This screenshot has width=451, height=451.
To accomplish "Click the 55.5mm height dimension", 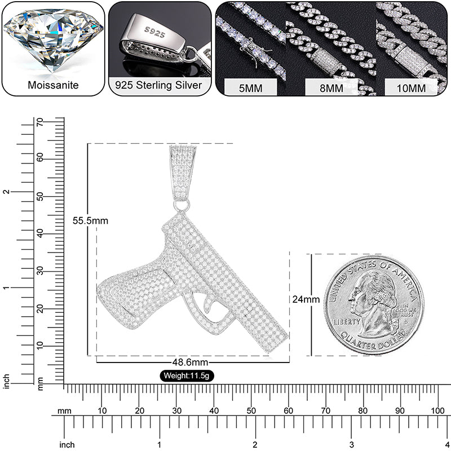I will pyautogui.click(x=90, y=220).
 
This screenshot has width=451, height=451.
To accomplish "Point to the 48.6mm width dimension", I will pyautogui.click(x=189, y=362).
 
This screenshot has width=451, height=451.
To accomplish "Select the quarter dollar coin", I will pyautogui.click(x=374, y=304).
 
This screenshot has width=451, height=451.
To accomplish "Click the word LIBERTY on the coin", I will pyautogui.click(x=346, y=321).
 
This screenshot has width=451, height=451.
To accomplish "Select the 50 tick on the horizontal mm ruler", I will pyautogui.click(x=251, y=410).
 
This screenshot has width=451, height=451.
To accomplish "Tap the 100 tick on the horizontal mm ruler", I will pyautogui.click(x=437, y=410).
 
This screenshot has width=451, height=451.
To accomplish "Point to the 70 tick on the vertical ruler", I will pyautogui.click(x=39, y=122).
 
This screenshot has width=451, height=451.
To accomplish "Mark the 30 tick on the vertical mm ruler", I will pyautogui.click(x=39, y=271).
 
